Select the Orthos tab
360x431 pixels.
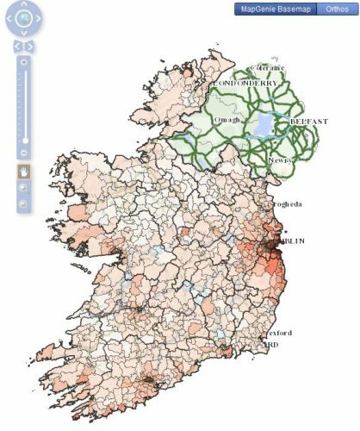pos(335,9)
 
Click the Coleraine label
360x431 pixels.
pos(265,67)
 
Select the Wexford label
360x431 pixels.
pos(278,333)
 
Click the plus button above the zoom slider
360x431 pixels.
pos(25,63)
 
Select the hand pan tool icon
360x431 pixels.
pos(25,170)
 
